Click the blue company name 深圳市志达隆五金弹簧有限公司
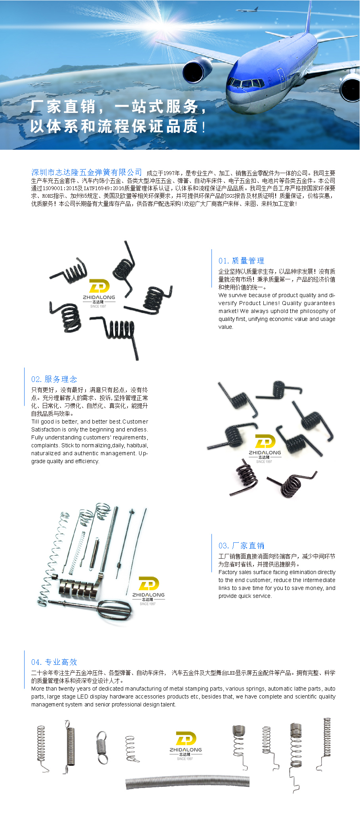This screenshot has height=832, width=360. click(87, 172)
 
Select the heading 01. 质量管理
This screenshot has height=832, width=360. click(241, 261)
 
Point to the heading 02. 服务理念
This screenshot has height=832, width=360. click(54, 379)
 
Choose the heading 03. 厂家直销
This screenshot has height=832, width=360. click(241, 546)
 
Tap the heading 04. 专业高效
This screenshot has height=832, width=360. click(54, 662)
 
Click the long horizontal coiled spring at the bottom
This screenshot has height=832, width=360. click(188, 782)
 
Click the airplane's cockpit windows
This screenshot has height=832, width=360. click(247, 84)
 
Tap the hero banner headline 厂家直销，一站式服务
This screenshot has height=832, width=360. click(118, 107)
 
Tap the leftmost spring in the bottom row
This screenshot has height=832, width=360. click(42, 748)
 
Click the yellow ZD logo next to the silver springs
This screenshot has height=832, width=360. click(149, 584)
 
